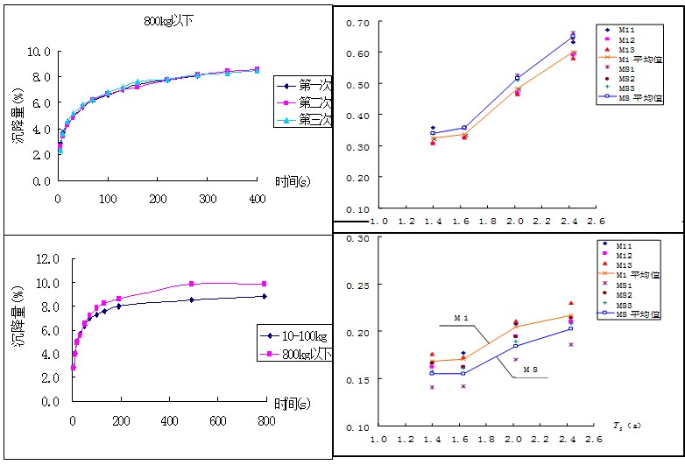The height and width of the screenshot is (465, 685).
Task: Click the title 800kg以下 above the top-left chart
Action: click(x=168, y=19)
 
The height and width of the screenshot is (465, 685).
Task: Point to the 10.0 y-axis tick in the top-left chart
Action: click(x=40, y=52)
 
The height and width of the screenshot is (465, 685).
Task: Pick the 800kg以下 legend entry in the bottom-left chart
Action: click(x=299, y=354)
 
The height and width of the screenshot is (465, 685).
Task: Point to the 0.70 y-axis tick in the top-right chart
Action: click(x=357, y=21)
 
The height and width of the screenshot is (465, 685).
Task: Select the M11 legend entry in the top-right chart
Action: click(x=625, y=30)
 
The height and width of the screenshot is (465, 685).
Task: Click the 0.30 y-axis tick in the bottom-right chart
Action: click(x=357, y=238)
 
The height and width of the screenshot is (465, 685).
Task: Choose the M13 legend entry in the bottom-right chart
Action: click(x=625, y=264)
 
